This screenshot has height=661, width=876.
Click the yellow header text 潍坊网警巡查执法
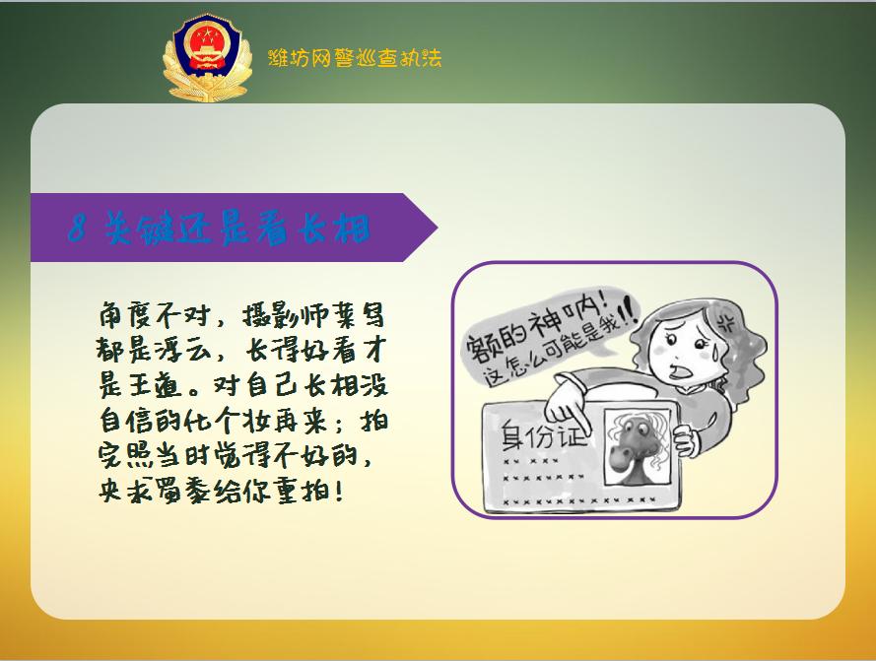point(355,58)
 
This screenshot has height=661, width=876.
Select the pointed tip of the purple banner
point(434,228)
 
